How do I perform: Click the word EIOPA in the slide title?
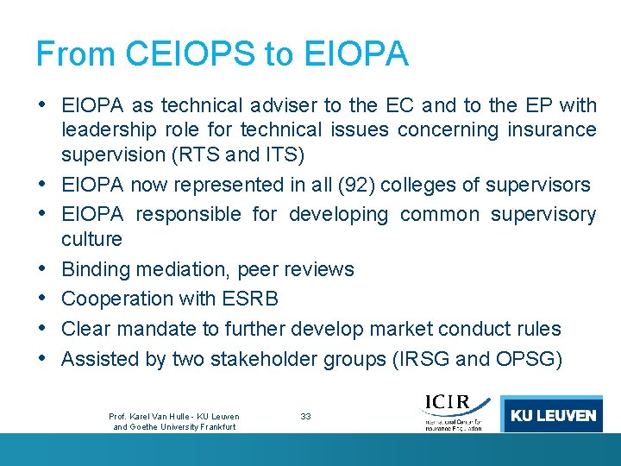click(357, 54)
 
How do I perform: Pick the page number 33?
click(305, 417)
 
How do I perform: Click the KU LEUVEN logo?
click(552, 415)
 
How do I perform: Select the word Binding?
click(95, 269)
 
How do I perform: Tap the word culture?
click(91, 238)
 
